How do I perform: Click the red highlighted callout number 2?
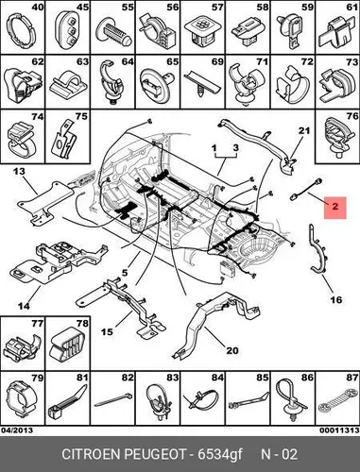(335, 207)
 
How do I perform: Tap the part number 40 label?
(38, 7)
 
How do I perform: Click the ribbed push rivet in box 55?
(113, 32)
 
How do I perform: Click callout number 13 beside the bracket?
(19, 172)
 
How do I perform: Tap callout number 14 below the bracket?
(24, 305)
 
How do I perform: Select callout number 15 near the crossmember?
(108, 331)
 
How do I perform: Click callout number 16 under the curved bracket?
(336, 299)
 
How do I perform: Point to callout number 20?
(232, 350)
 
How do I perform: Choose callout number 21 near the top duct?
(304, 130)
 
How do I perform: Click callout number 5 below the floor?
(125, 273)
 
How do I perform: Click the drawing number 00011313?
(339, 430)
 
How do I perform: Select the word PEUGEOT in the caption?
(156, 455)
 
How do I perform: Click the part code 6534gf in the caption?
(220, 455)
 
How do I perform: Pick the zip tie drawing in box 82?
(113, 399)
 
